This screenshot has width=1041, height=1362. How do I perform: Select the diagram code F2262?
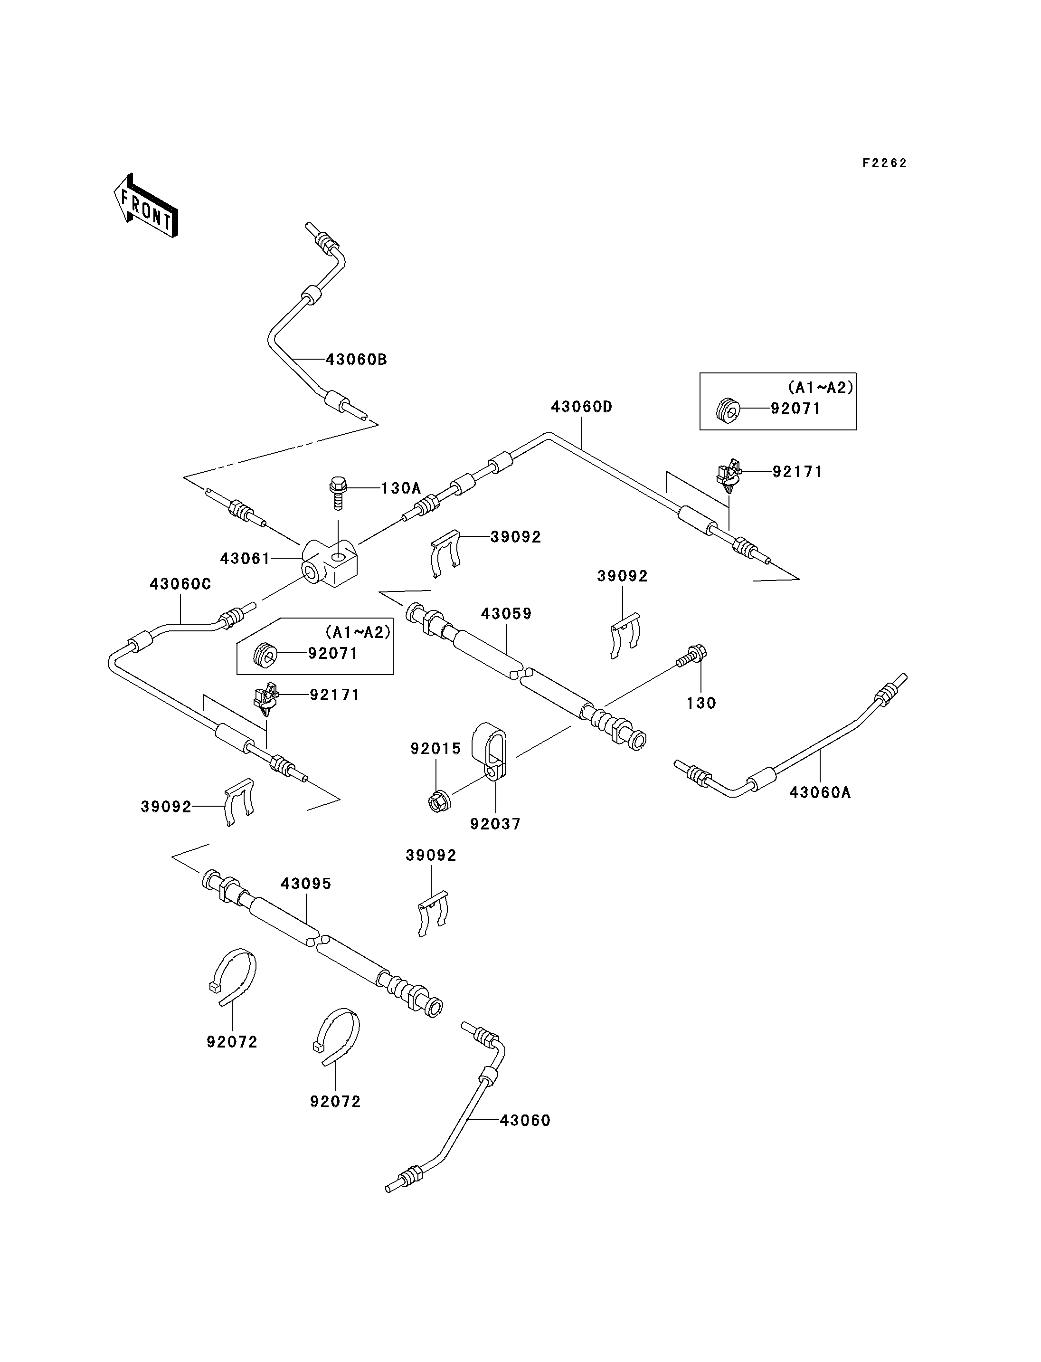tap(884, 163)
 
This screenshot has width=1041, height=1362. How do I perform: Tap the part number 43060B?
tap(356, 360)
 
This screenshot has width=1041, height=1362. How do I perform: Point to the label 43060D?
tap(581, 407)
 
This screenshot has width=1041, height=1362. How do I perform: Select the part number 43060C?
tap(180, 584)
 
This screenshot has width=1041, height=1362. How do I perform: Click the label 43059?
tap(506, 614)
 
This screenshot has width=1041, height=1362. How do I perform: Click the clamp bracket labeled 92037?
tap(490, 752)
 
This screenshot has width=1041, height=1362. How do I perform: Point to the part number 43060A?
tap(820, 792)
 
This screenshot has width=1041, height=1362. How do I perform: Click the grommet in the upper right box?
tap(728, 410)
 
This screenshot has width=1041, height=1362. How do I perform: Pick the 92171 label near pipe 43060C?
tap(335, 695)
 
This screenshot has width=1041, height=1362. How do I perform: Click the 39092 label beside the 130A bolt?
tap(516, 537)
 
